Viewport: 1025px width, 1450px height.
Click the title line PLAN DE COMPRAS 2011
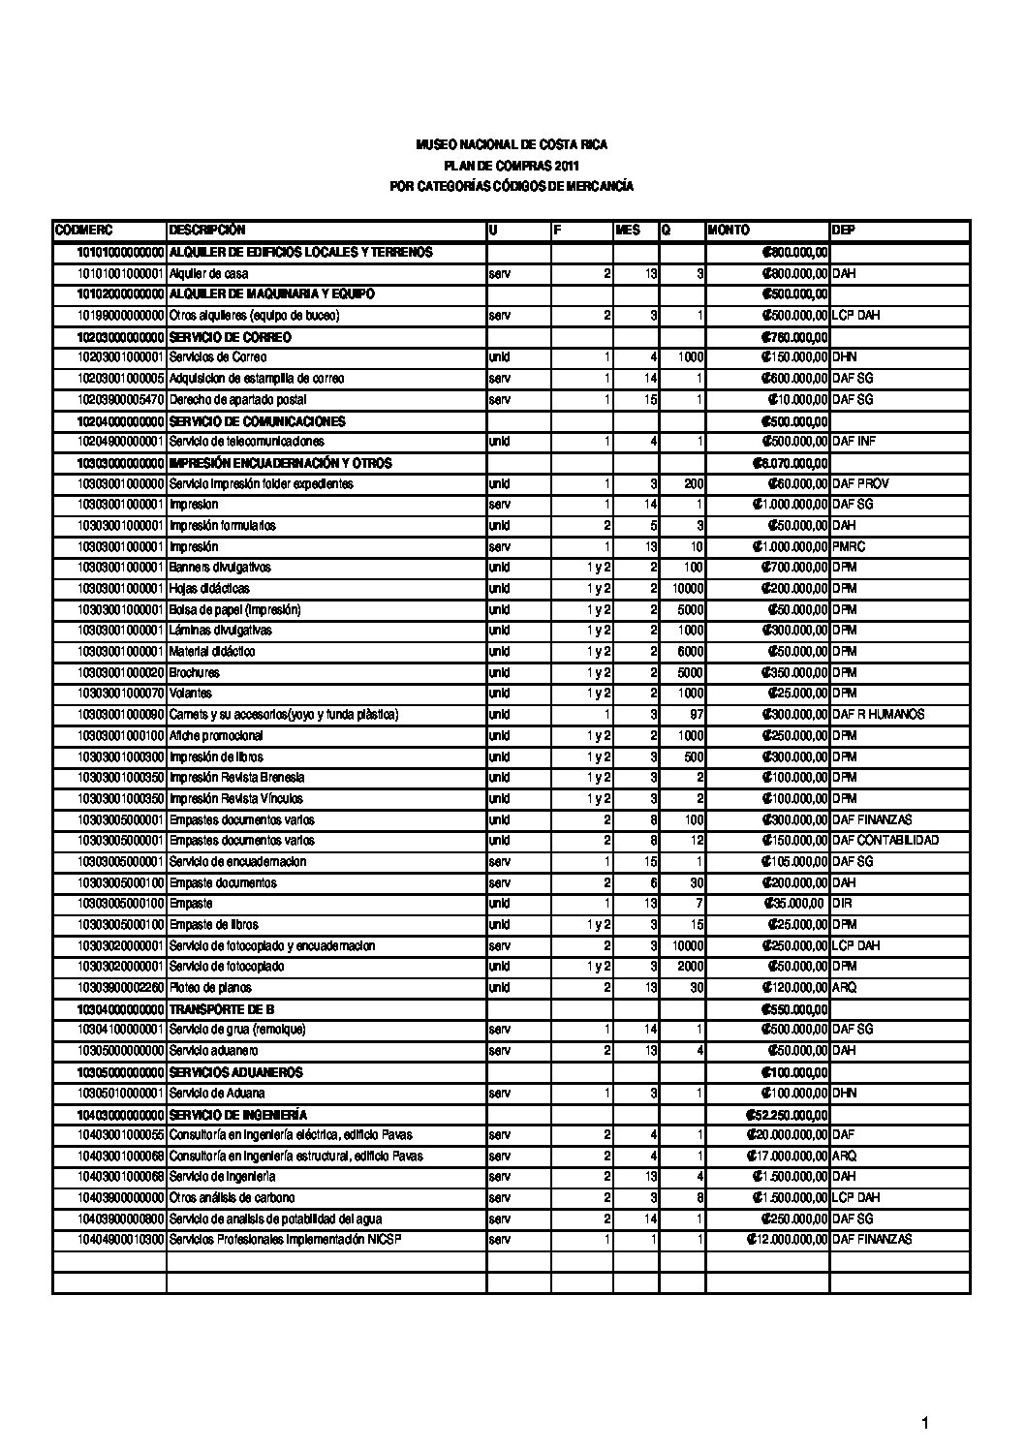(511, 166)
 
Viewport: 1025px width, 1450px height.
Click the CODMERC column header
(84, 231)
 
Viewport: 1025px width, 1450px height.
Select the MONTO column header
(729, 231)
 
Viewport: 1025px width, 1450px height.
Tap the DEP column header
(843, 231)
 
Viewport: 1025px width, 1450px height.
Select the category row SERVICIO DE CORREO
(230, 337)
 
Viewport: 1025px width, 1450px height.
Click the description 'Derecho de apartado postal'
(237, 400)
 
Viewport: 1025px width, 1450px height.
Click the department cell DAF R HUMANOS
(878, 715)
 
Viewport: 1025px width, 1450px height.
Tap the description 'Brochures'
(194, 672)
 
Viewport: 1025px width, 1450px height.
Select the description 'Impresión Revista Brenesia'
(236, 778)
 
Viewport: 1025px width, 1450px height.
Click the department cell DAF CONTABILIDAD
(885, 841)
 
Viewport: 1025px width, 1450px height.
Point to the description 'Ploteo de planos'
(210, 988)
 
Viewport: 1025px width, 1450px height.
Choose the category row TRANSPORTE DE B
(222, 1009)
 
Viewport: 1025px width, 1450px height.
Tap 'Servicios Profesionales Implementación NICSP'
(285, 1240)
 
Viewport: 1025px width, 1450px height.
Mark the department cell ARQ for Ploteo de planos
(844, 988)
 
